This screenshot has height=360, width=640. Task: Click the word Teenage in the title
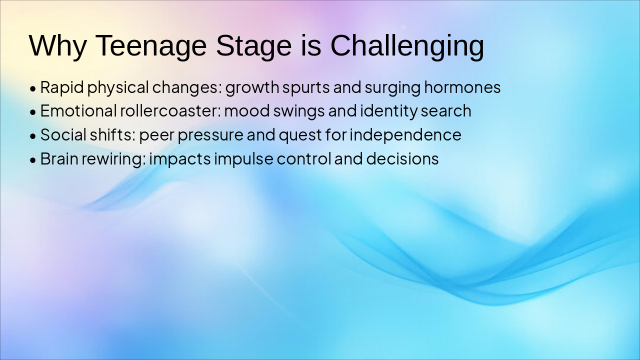tap(150, 45)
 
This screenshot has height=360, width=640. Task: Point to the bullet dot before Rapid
tap(33, 88)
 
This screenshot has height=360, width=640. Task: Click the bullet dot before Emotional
tap(33, 112)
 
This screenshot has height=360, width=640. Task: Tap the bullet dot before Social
tap(33, 136)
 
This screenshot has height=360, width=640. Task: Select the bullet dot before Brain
tap(33, 160)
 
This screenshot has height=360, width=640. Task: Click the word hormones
tap(462, 87)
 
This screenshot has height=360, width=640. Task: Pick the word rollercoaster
tap(170, 111)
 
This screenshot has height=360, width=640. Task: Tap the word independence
tap(405, 135)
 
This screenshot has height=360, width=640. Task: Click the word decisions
tap(402, 158)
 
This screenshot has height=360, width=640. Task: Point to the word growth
tap(252, 88)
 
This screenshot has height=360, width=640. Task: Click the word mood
tap(247, 111)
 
